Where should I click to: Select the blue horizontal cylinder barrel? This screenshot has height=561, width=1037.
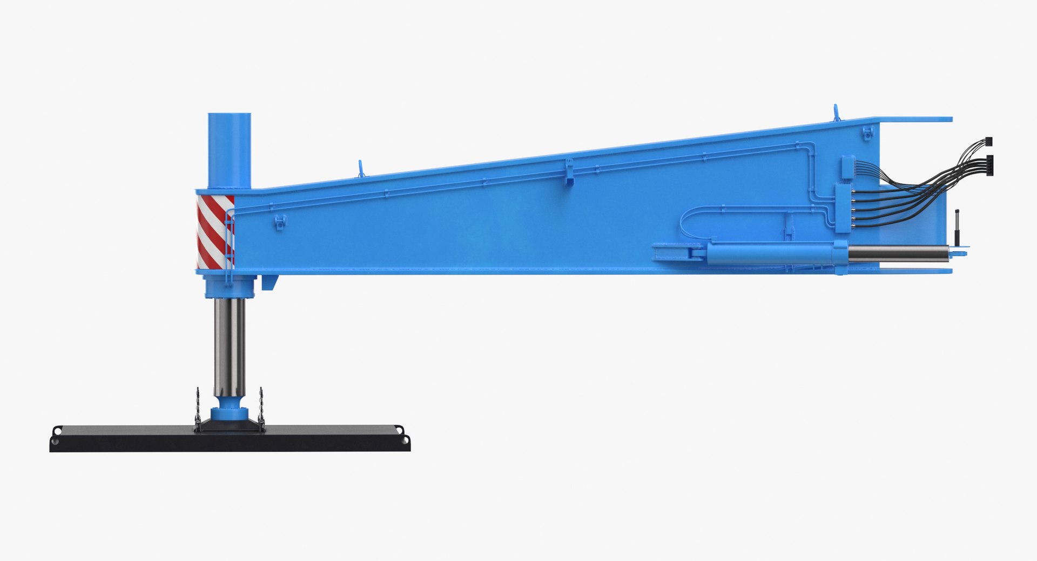772,253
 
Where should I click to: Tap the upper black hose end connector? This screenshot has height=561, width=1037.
988,142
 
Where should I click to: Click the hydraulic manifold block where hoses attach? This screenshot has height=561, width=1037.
843,208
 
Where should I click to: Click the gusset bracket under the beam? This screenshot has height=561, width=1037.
270,282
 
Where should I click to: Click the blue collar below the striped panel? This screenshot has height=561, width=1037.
229,286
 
